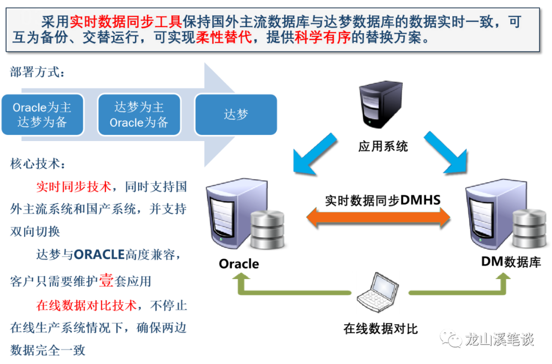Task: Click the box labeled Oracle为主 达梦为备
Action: coord(42,115)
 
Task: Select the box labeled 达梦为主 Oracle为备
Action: coord(139,115)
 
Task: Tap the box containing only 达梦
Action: coord(236,115)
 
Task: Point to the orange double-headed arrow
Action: coord(378,217)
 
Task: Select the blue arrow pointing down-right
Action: coord(444,152)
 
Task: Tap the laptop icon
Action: coord(378,292)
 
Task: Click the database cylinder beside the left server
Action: coord(267,229)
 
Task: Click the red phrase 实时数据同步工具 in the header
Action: coord(125,22)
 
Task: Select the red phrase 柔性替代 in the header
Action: coord(224,38)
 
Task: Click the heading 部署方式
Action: coord(37,73)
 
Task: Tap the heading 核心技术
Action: coord(37,164)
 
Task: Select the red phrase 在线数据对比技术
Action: coord(86,306)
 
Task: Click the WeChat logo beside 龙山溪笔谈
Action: coord(451,338)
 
